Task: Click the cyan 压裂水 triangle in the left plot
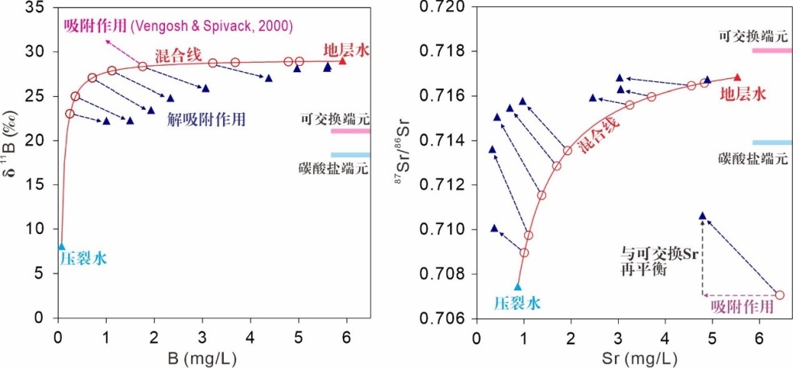[61, 247]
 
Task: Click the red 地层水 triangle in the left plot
[342, 60]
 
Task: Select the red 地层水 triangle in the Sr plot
[737, 77]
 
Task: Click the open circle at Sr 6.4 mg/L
[779, 295]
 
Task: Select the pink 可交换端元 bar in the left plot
[350, 131]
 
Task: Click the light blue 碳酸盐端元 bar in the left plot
[350, 155]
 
